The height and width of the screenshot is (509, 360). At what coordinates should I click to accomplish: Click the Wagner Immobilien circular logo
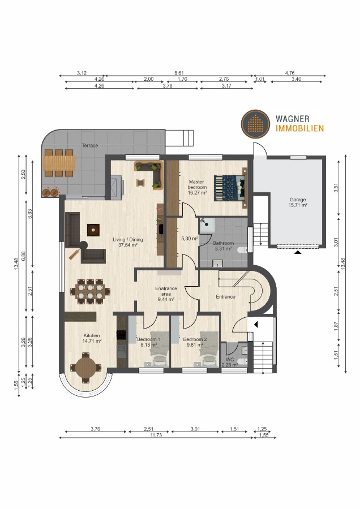(x=255, y=123)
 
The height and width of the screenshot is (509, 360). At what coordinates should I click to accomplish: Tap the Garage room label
(x=298, y=200)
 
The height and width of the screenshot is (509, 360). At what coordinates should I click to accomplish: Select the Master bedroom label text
(x=196, y=186)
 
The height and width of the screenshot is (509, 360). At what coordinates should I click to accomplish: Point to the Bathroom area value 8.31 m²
(x=223, y=248)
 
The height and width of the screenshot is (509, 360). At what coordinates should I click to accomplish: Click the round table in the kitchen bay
(x=85, y=367)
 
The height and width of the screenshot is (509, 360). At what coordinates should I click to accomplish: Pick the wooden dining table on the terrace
(x=58, y=163)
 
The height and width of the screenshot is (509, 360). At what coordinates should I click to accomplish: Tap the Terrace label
(x=89, y=145)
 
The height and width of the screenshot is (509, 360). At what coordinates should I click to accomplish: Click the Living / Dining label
(x=131, y=239)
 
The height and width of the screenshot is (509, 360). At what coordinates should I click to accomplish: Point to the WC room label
(x=229, y=360)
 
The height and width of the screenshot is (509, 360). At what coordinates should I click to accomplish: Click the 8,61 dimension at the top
(x=179, y=73)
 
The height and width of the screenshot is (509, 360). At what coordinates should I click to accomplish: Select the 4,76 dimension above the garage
(x=290, y=73)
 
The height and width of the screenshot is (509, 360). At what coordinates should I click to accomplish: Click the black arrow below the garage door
(x=297, y=253)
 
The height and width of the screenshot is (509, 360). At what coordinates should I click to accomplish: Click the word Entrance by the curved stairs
(x=225, y=296)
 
